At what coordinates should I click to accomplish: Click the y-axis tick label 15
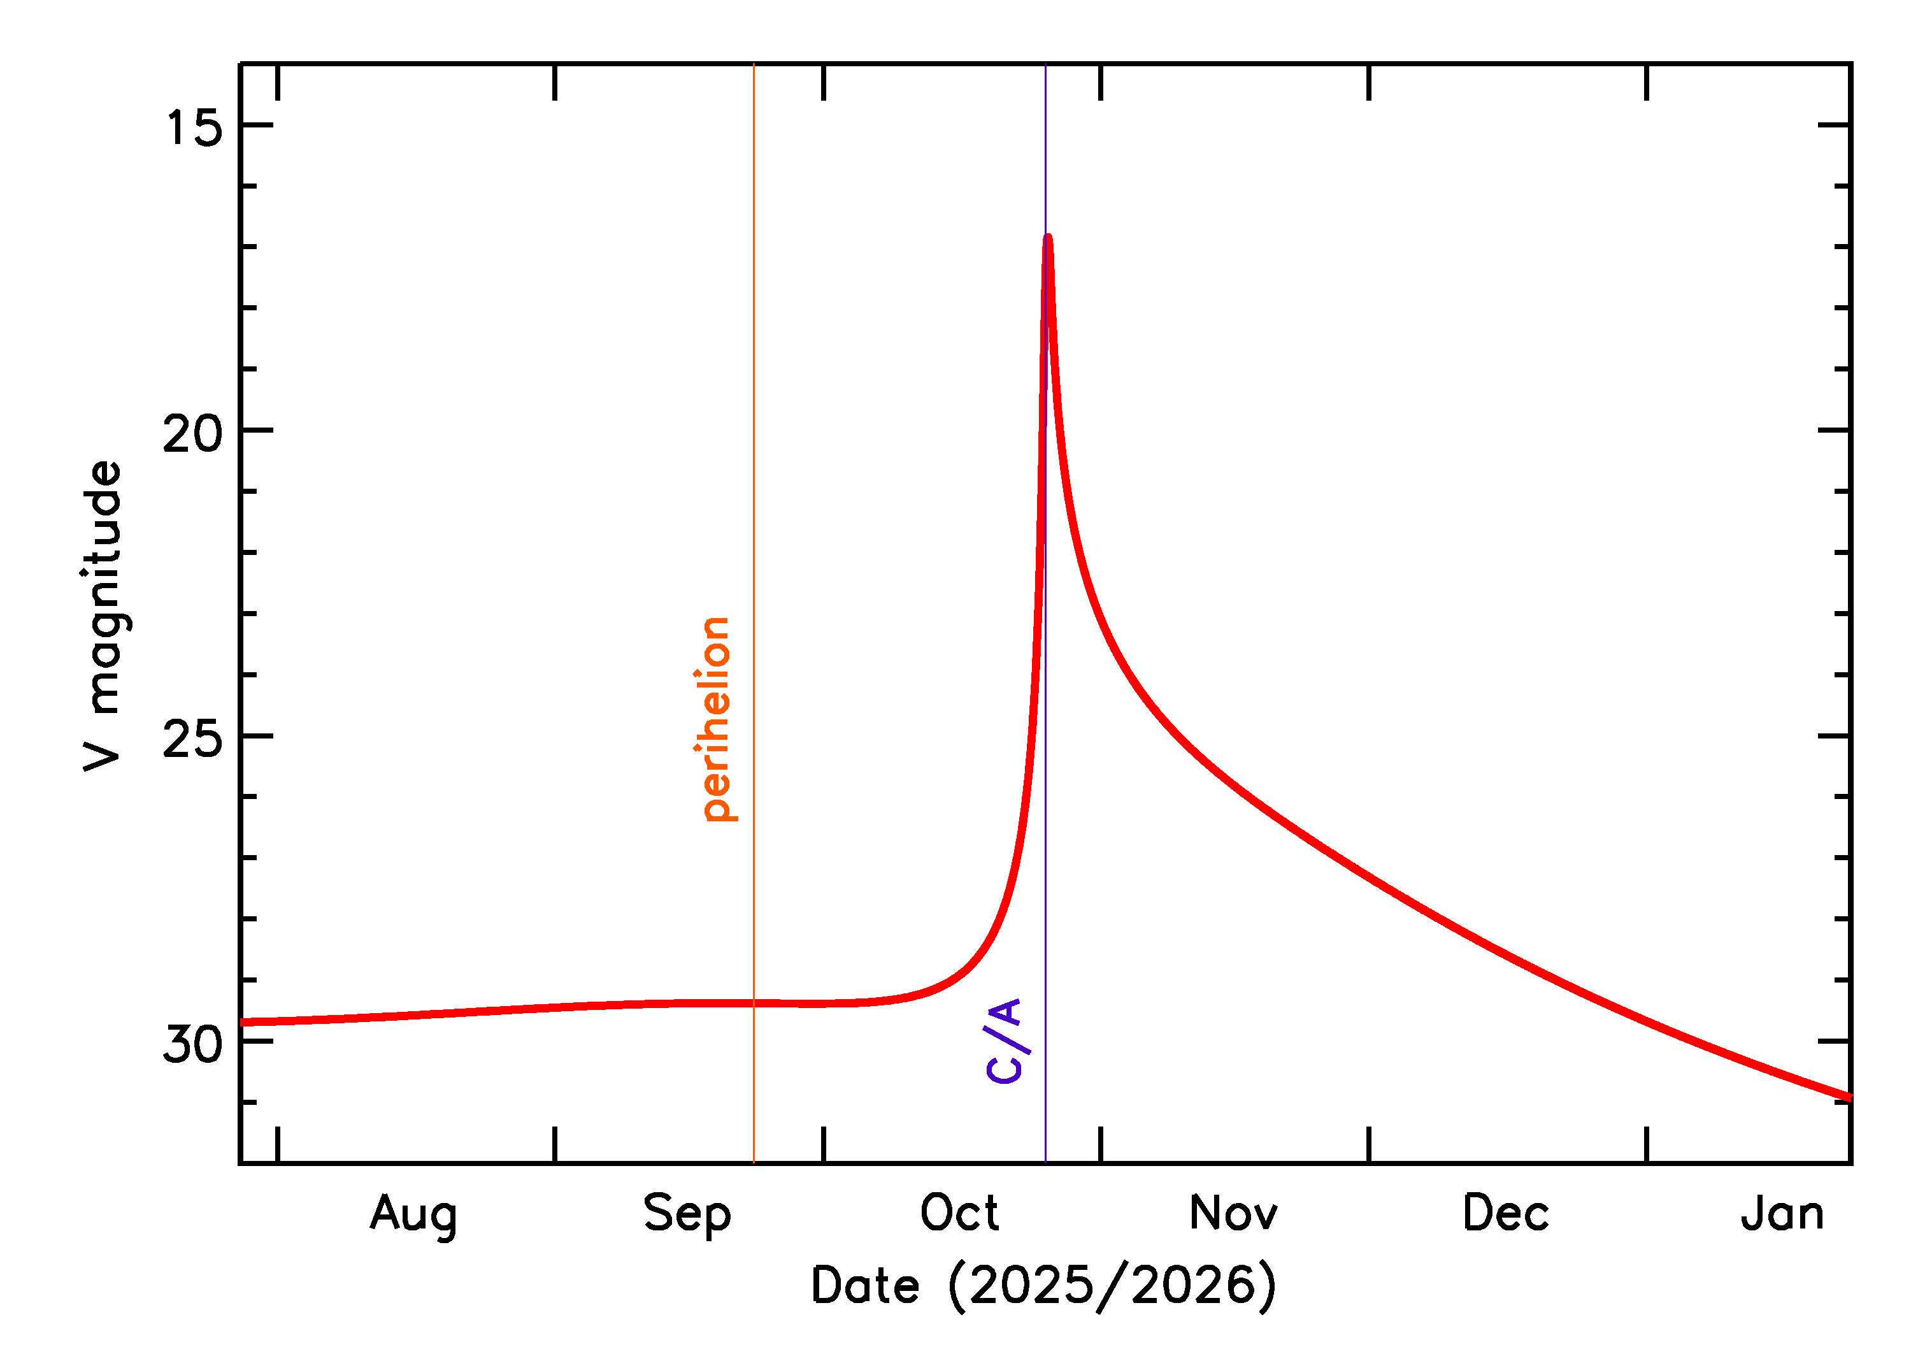click(x=194, y=127)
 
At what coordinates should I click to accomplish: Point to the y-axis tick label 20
click(x=194, y=433)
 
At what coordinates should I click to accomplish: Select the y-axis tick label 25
click(x=194, y=738)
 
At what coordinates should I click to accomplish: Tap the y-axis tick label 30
click(x=194, y=1044)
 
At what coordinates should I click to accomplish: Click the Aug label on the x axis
click(x=413, y=1214)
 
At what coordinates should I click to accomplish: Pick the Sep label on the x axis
click(x=687, y=1214)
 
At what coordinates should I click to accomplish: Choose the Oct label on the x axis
click(x=959, y=1213)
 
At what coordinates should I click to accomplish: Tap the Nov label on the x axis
click(x=1233, y=1213)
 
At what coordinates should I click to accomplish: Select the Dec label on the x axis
click(x=1506, y=1213)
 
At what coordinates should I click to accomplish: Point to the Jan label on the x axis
click(x=1782, y=1213)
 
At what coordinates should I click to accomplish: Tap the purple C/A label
click(x=1005, y=1040)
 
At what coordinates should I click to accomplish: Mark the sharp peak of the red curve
click(x=1048, y=238)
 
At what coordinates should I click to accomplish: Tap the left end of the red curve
click(x=243, y=1022)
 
